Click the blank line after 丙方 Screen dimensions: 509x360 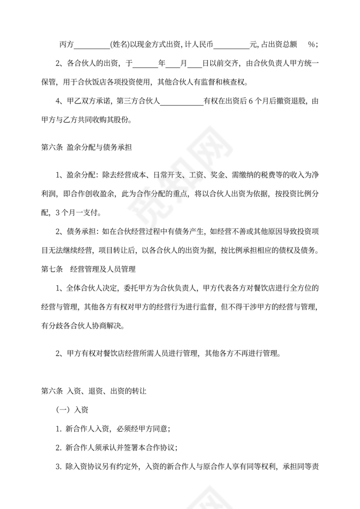(x=92, y=45)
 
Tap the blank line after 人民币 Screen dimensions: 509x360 (x=232, y=45)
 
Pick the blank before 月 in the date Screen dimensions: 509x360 (x=173, y=64)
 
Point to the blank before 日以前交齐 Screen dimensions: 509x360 (x=195, y=64)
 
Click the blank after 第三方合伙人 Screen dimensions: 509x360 (x=182, y=102)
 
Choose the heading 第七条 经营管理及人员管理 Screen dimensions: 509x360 (x=88, y=270)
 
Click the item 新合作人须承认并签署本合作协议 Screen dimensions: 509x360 (x=117, y=447)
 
